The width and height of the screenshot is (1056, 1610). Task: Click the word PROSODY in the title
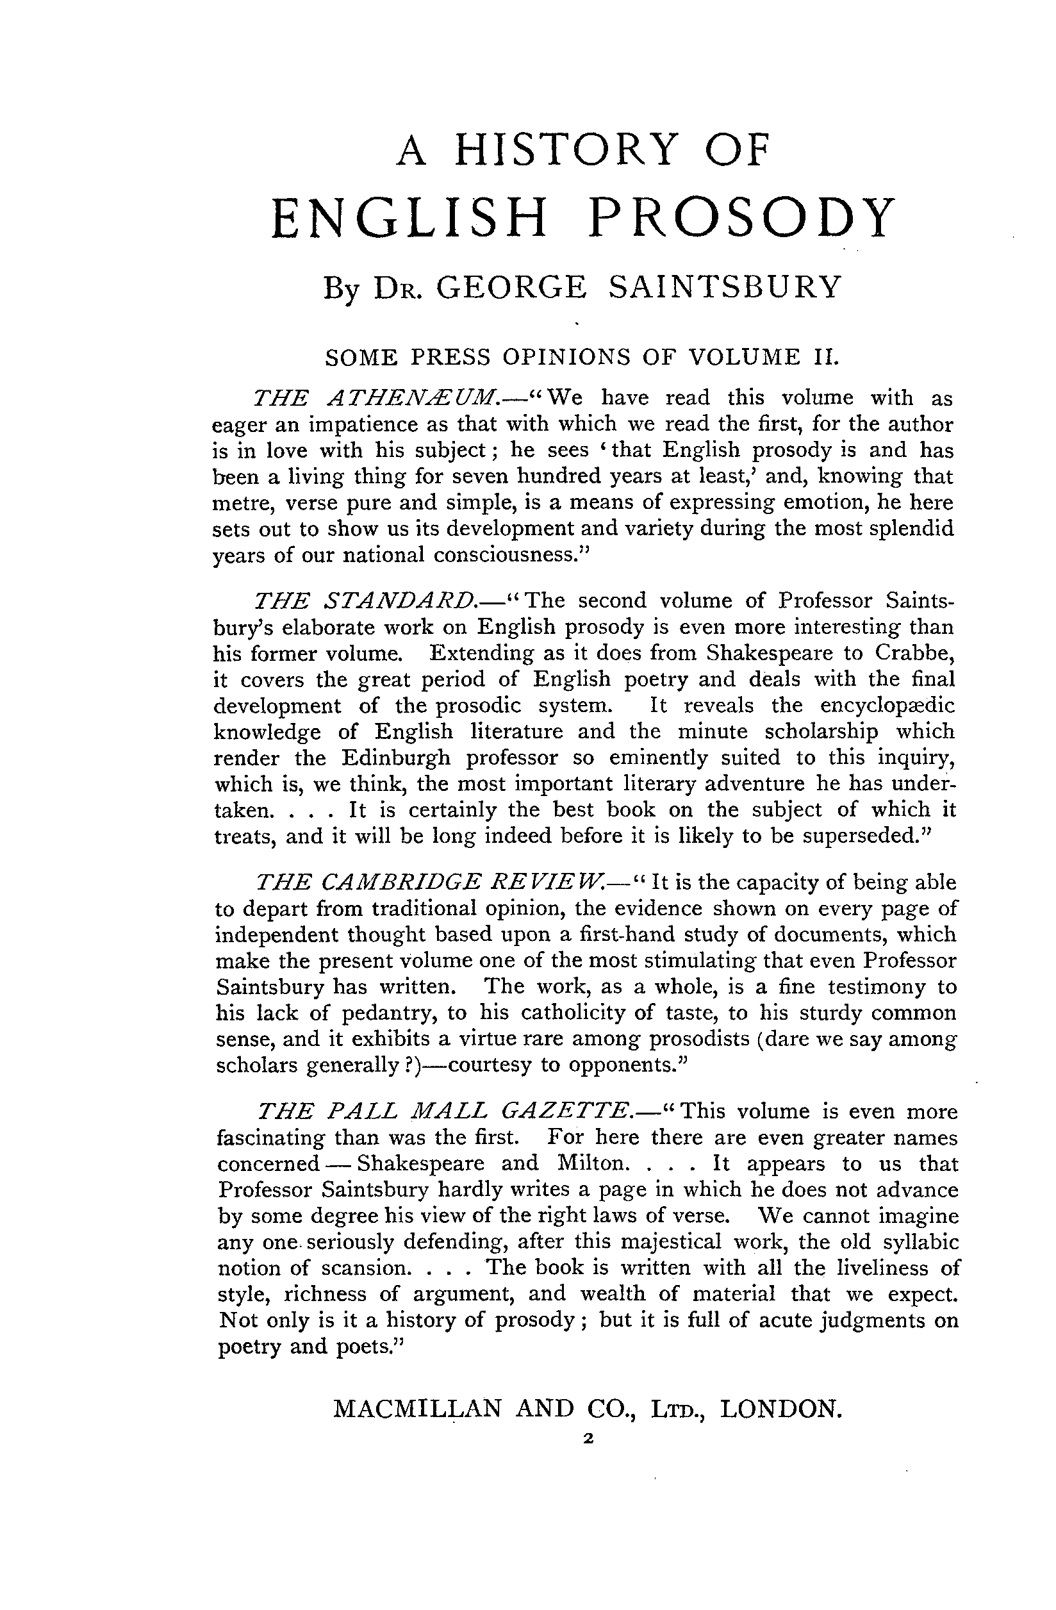(741, 219)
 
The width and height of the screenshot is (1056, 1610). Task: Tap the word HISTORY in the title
(566, 149)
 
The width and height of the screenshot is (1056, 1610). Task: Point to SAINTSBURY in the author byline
(725, 287)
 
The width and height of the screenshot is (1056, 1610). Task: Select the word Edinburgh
(396, 758)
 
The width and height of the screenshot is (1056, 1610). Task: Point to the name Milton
(592, 1163)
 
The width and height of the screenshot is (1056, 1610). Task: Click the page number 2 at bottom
(586, 1440)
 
